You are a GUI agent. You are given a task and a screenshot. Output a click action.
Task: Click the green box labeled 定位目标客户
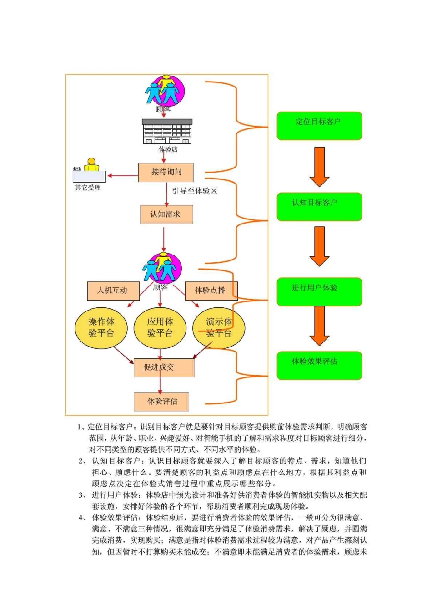319,126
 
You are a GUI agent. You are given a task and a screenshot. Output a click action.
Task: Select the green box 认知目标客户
319,207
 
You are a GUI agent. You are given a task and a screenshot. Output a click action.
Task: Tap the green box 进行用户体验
319,292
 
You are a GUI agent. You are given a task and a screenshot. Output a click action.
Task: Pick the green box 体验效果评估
319,366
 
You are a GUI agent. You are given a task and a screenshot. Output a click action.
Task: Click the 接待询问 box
166,172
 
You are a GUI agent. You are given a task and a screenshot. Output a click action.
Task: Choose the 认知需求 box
166,214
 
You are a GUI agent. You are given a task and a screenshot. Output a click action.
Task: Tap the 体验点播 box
211,291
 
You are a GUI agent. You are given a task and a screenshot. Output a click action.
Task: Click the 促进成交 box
164,367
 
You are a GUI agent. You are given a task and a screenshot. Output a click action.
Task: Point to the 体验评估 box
161,402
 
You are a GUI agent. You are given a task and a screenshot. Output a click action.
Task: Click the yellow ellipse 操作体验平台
101,328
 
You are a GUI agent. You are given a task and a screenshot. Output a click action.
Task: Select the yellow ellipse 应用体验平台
160,328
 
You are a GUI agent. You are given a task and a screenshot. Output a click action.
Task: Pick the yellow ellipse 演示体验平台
219,328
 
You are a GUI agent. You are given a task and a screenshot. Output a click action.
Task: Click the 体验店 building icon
167,131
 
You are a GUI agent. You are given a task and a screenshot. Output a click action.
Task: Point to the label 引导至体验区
194,191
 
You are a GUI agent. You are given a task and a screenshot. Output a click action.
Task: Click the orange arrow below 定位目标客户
319,166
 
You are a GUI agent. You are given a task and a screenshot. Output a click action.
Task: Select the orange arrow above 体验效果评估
319,326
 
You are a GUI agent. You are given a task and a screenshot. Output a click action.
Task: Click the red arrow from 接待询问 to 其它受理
122,176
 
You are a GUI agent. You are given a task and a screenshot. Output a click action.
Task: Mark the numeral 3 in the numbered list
82,495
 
